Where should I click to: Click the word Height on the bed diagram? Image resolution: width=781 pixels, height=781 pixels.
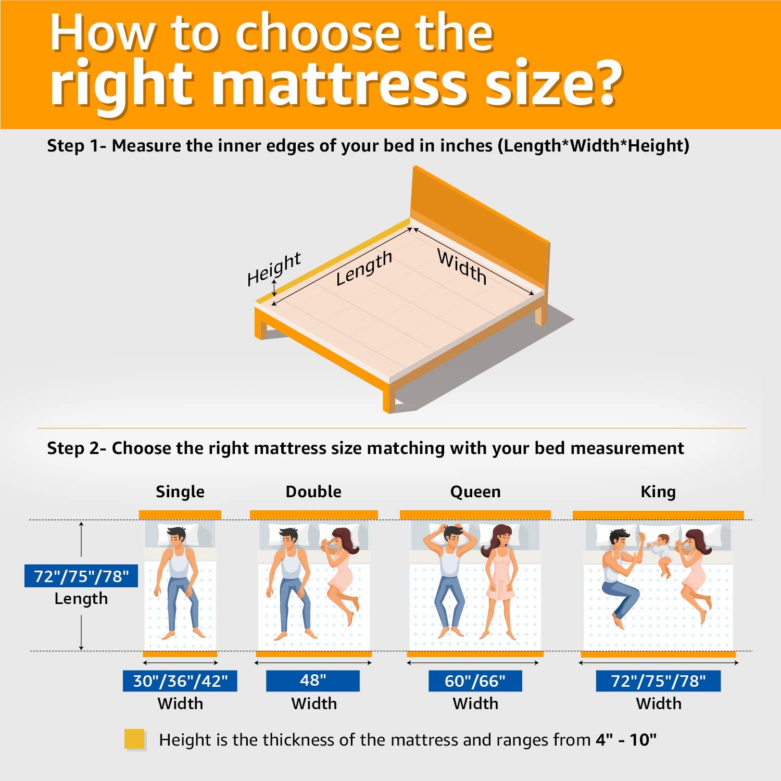click(274, 269)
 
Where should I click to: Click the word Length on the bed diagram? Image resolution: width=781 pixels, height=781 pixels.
click(363, 268)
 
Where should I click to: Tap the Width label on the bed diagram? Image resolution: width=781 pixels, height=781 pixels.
click(462, 267)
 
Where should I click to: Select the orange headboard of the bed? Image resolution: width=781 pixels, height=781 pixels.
click(479, 229)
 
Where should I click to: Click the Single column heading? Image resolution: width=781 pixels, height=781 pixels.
click(180, 492)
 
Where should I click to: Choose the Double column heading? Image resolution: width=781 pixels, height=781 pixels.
click(313, 492)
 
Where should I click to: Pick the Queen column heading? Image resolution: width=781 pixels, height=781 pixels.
click(475, 492)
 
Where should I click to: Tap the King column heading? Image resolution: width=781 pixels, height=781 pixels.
click(658, 492)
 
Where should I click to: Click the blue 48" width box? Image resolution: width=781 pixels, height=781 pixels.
click(313, 681)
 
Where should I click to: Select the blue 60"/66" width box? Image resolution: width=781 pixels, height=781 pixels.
click(475, 681)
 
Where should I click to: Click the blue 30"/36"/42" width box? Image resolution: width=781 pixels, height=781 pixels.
click(180, 681)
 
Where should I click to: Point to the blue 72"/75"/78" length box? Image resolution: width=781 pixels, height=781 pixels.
click(81, 576)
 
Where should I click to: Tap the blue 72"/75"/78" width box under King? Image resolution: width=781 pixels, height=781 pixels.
click(658, 681)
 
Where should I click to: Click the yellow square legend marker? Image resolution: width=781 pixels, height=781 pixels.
click(134, 739)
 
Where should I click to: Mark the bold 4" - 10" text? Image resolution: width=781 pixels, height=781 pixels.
click(626, 739)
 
